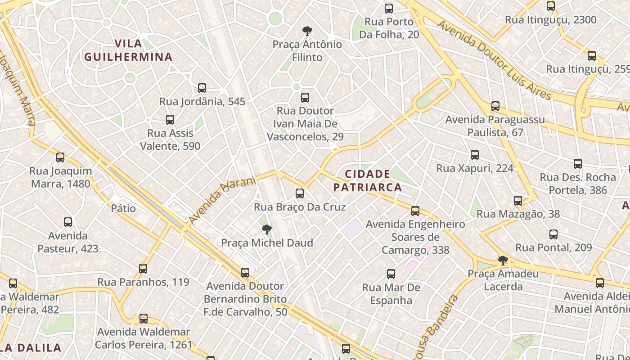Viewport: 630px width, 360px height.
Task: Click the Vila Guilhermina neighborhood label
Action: point(128,50)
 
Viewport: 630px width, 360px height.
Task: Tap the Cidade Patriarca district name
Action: point(368,180)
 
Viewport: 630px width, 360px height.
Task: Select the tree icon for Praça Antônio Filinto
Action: point(307,31)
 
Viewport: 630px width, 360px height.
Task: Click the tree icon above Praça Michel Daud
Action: point(267,229)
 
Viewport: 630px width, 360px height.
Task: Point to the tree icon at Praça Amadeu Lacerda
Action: point(503,260)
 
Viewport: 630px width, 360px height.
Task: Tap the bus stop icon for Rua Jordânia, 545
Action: point(202,88)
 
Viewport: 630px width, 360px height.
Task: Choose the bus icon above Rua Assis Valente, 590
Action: point(170,119)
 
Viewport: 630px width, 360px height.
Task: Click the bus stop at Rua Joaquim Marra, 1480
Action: point(60,157)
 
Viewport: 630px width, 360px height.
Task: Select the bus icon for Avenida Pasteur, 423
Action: point(68,222)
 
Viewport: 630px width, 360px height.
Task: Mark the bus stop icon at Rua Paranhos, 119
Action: point(143,268)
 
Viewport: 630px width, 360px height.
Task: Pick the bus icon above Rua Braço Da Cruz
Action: point(300,193)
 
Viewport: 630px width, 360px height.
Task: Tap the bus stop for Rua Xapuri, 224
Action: point(475,155)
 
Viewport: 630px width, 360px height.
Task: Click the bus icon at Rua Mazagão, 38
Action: point(518,200)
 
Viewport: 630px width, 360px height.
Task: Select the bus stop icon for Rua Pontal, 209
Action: point(553,234)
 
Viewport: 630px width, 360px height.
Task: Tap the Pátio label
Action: point(123,208)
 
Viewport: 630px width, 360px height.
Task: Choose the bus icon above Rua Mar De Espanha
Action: point(391,274)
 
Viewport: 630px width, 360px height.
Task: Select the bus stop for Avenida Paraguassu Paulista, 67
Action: point(495,106)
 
